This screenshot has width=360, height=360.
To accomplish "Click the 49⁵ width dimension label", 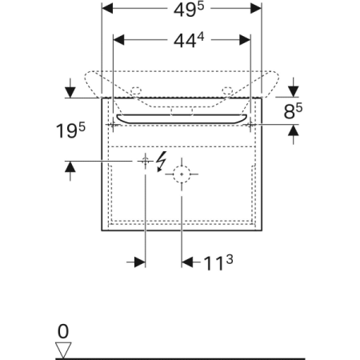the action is [189, 10].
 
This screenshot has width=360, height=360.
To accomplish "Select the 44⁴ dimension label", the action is [189, 40].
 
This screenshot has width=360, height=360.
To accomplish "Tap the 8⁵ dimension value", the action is [293, 111].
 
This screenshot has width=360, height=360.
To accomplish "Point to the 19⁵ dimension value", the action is [70, 130].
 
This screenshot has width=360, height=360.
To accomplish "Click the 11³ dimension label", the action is [218, 263].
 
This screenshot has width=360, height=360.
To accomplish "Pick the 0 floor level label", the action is [63, 331].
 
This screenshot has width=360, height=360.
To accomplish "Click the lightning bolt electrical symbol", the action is [162, 162].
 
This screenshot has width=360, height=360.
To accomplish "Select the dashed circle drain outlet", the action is [182, 174].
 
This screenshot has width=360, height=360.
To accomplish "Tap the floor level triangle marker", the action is [63, 350].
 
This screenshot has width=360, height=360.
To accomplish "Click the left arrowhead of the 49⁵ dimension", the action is [108, 9].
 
